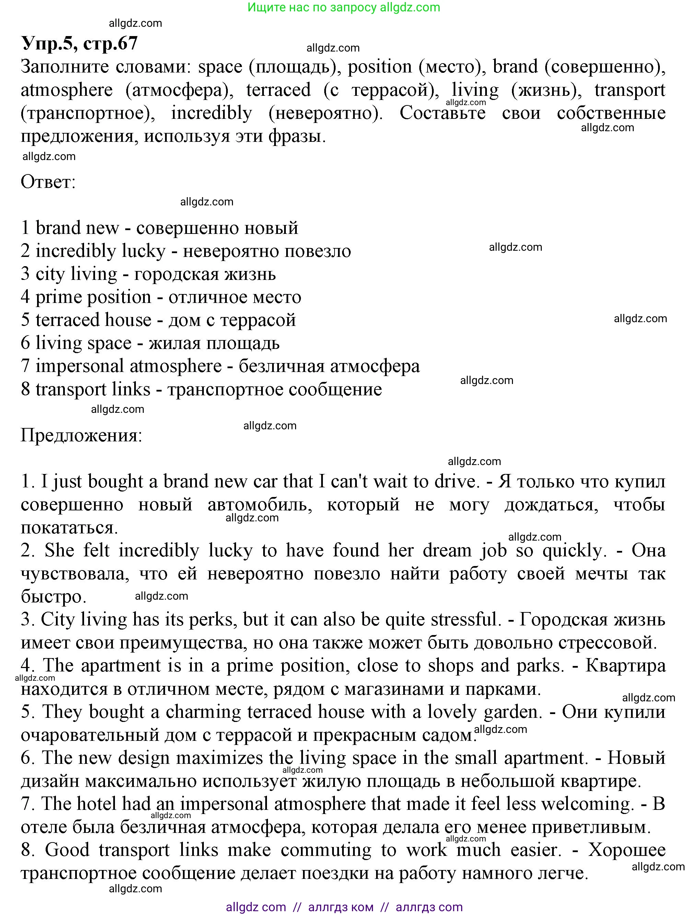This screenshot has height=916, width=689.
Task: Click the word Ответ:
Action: coord(48,182)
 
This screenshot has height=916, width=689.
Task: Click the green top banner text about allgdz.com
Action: coord(344,8)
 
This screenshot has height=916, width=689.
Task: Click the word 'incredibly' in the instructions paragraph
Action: coord(211,113)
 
